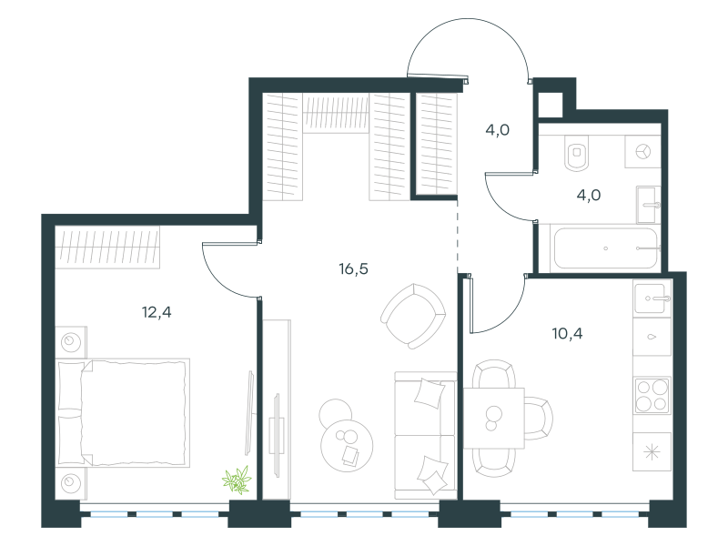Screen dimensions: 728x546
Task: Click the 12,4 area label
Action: (157, 312)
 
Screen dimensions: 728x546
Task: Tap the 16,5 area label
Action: (353, 268)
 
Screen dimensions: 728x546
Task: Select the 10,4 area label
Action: (567, 333)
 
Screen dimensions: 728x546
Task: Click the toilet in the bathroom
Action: (577, 153)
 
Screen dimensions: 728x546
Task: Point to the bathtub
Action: (605, 248)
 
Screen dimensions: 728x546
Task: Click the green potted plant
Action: (237, 480)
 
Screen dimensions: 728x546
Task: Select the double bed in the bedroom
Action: (123, 412)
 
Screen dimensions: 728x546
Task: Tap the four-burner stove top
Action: (652, 396)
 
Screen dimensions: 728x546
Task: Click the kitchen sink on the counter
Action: (652, 298)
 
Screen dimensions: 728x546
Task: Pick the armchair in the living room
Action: (413, 316)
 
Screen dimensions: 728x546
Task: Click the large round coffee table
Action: (347, 446)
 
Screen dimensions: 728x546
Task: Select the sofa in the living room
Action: (425, 436)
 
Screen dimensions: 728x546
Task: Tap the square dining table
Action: (494, 418)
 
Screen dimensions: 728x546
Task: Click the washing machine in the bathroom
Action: (642, 152)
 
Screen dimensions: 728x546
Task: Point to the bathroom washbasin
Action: (648, 205)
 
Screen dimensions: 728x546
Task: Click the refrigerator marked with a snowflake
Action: (652, 451)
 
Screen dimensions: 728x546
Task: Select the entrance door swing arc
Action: (468, 19)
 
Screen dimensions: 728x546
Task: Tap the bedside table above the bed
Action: (71, 342)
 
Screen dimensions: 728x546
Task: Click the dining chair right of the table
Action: (539, 419)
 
